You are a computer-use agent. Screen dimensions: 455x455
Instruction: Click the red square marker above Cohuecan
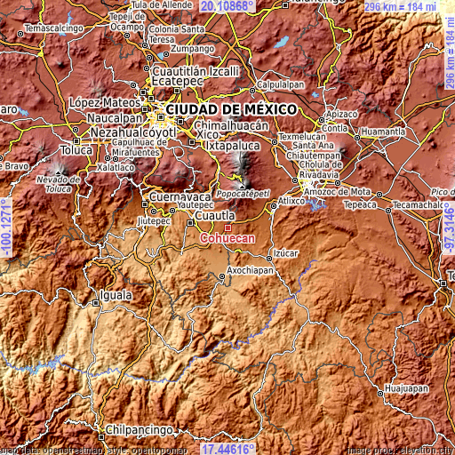pyautogui.click(x=227, y=227)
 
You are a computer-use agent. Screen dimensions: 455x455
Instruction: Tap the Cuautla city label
pyautogui.click(x=215, y=215)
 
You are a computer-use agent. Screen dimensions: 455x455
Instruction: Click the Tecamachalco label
pyautogui.click(x=418, y=204)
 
